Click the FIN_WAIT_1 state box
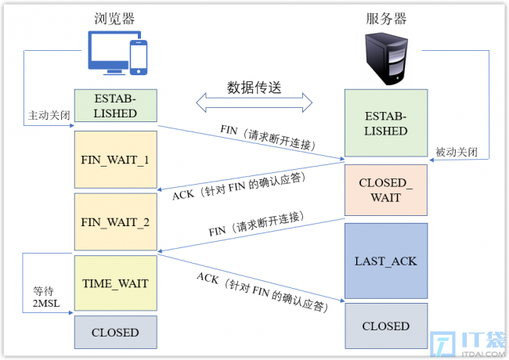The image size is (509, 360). pyautogui.click(x=116, y=160)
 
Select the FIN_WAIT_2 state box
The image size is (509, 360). pyautogui.click(x=116, y=221)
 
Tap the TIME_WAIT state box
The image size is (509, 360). pyautogui.click(x=116, y=283)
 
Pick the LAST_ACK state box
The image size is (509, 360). pyautogui.click(x=386, y=261)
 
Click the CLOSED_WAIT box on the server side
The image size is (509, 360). pyautogui.click(x=386, y=190)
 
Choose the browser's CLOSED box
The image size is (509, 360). pyautogui.click(x=116, y=332)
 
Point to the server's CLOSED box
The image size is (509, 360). pyautogui.click(x=386, y=326)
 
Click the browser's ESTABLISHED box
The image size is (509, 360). pyautogui.click(x=116, y=106)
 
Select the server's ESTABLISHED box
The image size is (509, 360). pyautogui.click(x=386, y=123)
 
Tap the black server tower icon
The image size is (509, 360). pyautogui.click(x=386, y=59)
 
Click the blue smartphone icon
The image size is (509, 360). pyautogui.click(x=139, y=57)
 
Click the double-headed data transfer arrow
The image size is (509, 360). pyautogui.click(x=254, y=103)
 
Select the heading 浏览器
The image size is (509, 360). pyautogui.click(x=114, y=19)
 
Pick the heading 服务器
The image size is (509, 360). pyautogui.click(x=386, y=19)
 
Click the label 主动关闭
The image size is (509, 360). pyautogui.click(x=49, y=115)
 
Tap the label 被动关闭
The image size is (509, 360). pyautogui.click(x=457, y=152)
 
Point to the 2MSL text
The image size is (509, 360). pyautogui.click(x=46, y=303)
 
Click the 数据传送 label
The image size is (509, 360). pyautogui.click(x=254, y=88)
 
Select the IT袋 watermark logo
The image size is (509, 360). pyautogui.click(x=467, y=344)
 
